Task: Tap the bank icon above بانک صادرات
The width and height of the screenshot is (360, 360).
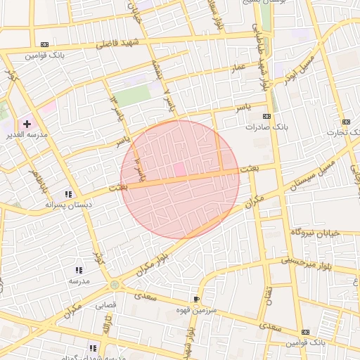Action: pyautogui.click(x=266, y=116)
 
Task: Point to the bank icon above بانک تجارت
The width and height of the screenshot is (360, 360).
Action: pyautogui.click(x=345, y=122)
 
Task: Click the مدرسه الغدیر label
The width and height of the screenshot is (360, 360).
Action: pyautogui.click(x=26, y=134)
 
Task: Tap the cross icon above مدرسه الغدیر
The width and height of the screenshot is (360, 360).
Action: pyautogui.click(x=27, y=124)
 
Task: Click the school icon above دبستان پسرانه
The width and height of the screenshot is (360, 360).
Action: pyautogui.click(x=68, y=194)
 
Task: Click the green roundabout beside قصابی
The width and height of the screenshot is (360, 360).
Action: pyautogui.click(x=115, y=285)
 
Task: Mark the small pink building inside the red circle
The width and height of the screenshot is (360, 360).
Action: pyautogui.click(x=179, y=169)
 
